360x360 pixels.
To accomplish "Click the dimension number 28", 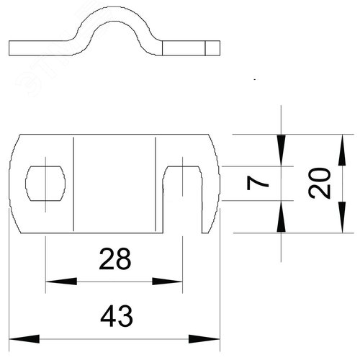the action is [x=115, y=259].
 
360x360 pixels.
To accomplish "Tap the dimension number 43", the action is [x=117, y=316].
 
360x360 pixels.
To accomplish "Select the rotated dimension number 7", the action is [x=258, y=183].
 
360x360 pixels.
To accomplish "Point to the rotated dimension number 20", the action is [x=320, y=184].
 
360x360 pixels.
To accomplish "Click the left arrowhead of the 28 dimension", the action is [x=61, y=282].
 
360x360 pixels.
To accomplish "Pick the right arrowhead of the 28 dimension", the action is [x=167, y=282].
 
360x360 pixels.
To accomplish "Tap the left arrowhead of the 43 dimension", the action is [x=24, y=339].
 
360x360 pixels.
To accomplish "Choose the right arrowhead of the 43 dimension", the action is [x=204, y=339].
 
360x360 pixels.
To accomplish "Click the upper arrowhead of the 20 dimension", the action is [x=342, y=150].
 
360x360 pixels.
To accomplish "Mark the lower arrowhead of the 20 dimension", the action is [x=342, y=217].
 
